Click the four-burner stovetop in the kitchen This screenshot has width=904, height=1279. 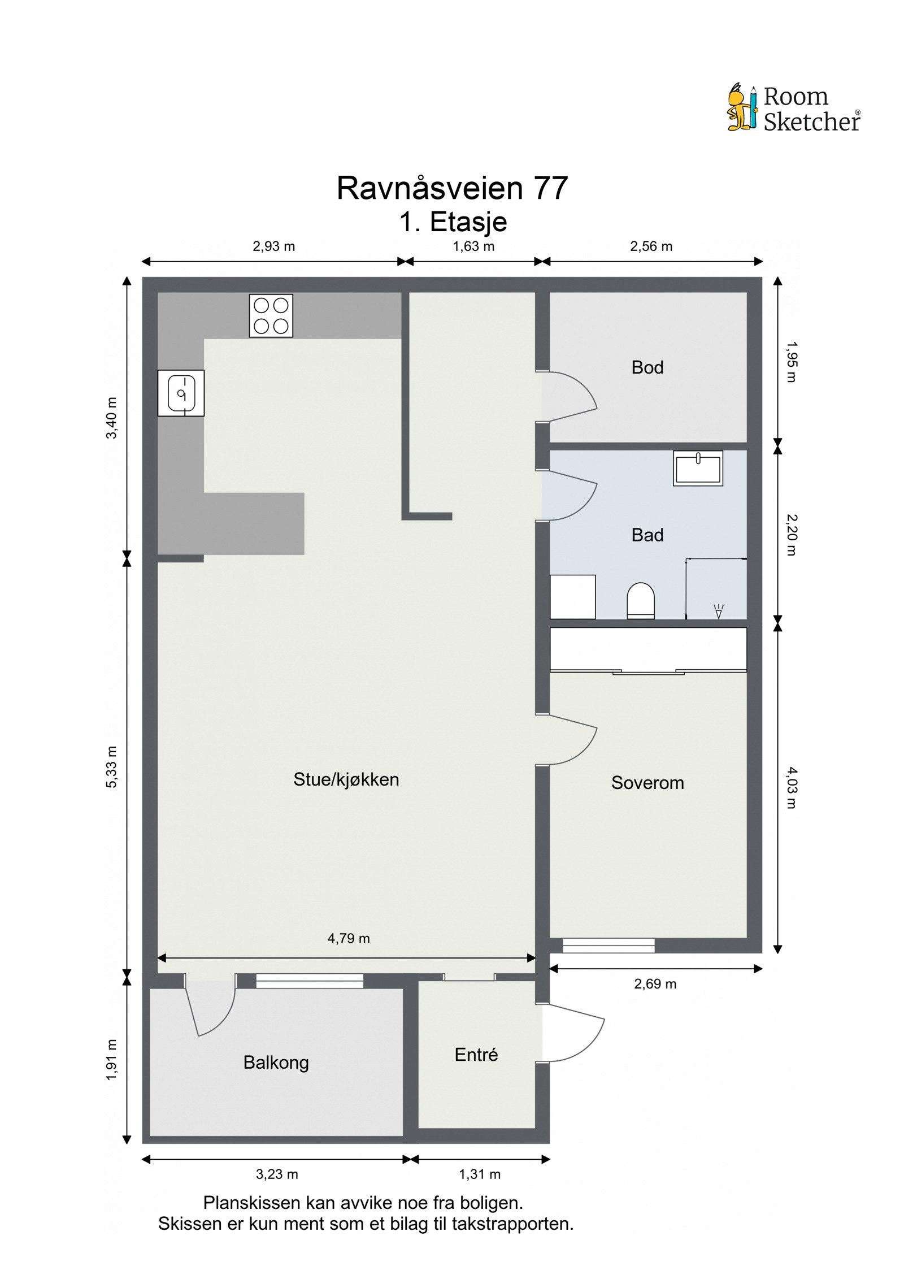point(271,315)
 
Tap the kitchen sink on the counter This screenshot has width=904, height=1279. point(181,393)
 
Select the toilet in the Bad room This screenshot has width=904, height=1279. point(640,600)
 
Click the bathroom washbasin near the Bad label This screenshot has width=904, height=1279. point(698,468)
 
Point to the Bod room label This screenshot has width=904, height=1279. point(647,367)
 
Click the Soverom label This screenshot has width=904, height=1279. point(647,782)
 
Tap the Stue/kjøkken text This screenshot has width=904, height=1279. point(346,779)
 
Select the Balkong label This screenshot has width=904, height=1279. point(276,1063)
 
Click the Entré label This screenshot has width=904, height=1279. point(476,1054)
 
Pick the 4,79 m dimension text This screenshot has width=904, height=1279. point(349,938)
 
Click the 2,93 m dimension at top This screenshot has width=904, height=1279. point(273,246)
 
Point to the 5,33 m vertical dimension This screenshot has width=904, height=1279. point(112,766)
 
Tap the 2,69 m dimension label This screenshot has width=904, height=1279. point(655,984)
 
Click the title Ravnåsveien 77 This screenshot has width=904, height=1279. point(452,188)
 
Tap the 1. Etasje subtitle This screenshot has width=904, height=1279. point(453,222)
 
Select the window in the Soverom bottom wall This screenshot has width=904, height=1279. point(609,945)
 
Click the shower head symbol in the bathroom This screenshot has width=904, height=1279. point(719,611)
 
